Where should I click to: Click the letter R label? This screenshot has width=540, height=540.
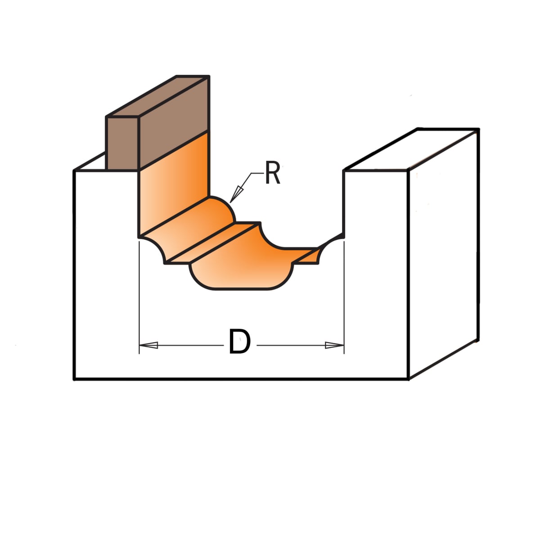click(272, 173)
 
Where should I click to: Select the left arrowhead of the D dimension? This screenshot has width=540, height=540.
click(148, 345)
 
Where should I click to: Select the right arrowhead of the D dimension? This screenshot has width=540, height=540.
click(334, 345)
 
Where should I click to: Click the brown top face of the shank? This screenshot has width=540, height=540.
click(158, 96)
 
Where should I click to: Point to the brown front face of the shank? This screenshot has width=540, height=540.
click(122, 143)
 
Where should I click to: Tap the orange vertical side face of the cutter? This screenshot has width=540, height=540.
click(174, 185)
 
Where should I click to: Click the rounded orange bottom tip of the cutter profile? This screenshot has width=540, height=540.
click(241, 278)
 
